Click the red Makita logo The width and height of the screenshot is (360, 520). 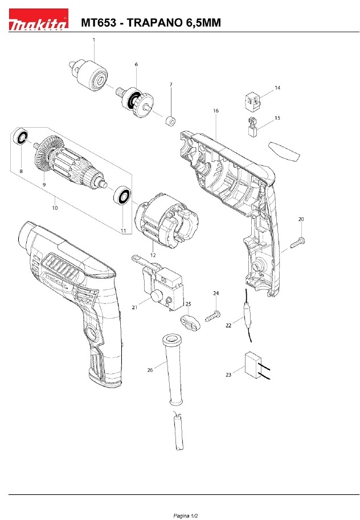(x=38, y=20)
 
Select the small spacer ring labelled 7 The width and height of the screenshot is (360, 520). (x=170, y=121)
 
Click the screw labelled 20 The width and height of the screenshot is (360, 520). (x=298, y=242)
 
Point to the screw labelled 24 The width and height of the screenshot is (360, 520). (x=212, y=315)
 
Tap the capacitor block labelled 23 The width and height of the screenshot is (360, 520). (x=257, y=365)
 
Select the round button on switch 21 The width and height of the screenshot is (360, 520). (x=156, y=296)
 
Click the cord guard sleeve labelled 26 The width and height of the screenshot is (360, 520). (x=173, y=368)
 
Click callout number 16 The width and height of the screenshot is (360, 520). (x=216, y=111)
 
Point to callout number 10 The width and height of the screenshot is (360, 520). (x=55, y=208)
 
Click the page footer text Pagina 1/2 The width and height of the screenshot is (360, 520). (x=186, y=515)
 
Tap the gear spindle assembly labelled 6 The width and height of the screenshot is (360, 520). (x=135, y=101)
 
